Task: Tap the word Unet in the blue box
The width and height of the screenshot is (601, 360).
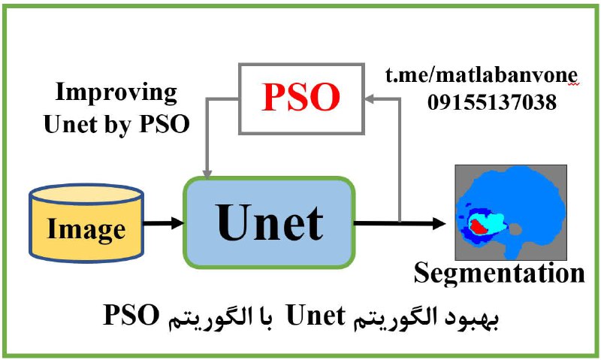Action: click(x=270, y=222)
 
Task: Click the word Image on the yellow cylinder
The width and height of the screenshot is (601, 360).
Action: click(x=86, y=229)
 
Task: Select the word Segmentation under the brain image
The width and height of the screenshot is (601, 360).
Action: click(x=500, y=274)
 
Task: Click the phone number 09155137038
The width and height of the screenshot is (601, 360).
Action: click(x=492, y=102)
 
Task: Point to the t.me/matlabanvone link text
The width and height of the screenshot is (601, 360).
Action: click(x=482, y=75)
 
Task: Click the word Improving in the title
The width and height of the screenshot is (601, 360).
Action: click(x=116, y=93)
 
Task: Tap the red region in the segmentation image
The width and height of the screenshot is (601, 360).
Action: click(x=477, y=226)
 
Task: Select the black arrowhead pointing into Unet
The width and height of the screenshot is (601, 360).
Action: click(x=177, y=222)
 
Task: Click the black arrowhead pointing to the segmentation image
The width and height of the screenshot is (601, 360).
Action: click(x=439, y=222)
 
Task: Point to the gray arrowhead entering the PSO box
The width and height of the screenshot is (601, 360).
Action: click(x=369, y=99)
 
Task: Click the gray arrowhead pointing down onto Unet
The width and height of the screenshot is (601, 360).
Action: click(x=207, y=174)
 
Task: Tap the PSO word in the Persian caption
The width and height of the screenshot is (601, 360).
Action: click(x=131, y=316)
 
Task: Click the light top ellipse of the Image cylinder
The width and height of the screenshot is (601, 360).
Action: click(x=86, y=194)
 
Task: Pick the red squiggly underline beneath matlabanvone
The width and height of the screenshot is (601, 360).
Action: click(x=573, y=84)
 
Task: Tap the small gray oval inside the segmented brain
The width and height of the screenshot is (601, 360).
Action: click(x=515, y=230)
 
